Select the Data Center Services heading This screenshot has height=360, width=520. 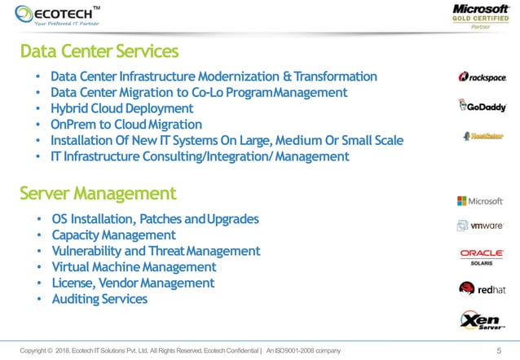click(99, 51)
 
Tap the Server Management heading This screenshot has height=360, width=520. click(97, 193)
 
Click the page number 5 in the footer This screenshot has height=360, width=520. click(499, 350)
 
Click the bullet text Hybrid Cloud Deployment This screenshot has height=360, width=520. click(121, 108)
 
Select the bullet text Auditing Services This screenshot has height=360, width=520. click(99, 299)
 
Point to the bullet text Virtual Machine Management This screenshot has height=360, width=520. click(133, 267)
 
